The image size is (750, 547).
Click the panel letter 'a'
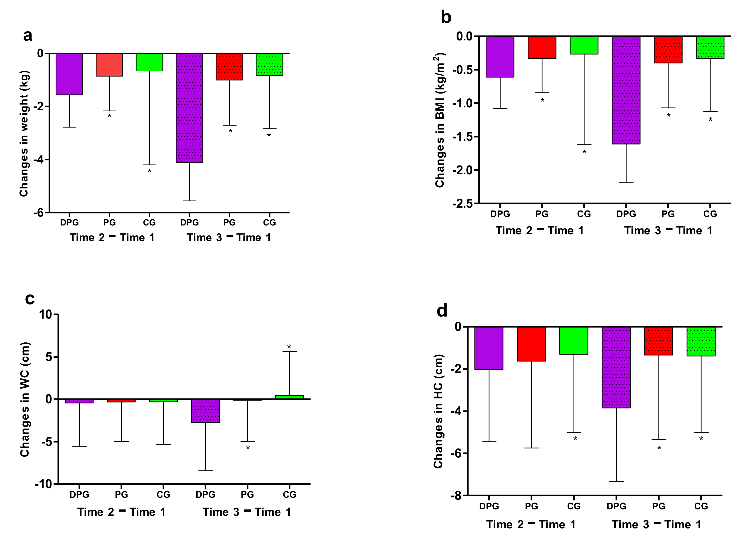(28, 36)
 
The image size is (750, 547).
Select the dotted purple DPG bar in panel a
(189, 108)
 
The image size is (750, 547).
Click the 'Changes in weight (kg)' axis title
(24, 134)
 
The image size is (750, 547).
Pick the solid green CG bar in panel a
(149, 62)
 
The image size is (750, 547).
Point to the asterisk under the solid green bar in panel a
(150, 171)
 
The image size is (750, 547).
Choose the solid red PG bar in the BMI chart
(542, 48)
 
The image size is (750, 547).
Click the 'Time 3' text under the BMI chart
(642, 230)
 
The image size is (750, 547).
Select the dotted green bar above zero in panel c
(290, 397)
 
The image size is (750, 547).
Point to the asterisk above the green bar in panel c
(289, 347)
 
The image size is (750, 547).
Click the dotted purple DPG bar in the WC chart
(205, 411)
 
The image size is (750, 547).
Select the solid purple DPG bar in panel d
(489, 348)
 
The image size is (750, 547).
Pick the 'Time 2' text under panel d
(505, 525)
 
